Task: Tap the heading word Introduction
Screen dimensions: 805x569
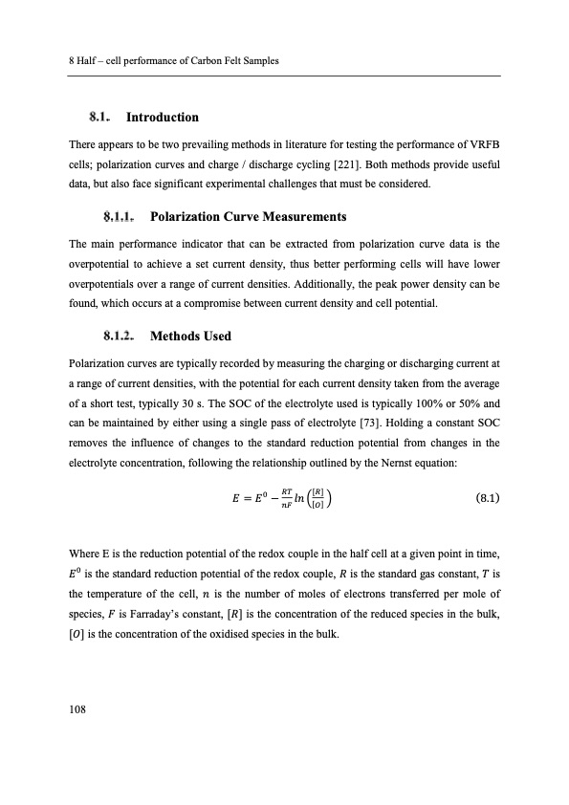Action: click(x=163, y=118)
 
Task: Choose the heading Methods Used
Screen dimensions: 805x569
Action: click(x=191, y=337)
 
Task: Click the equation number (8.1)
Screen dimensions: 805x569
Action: click(x=483, y=498)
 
